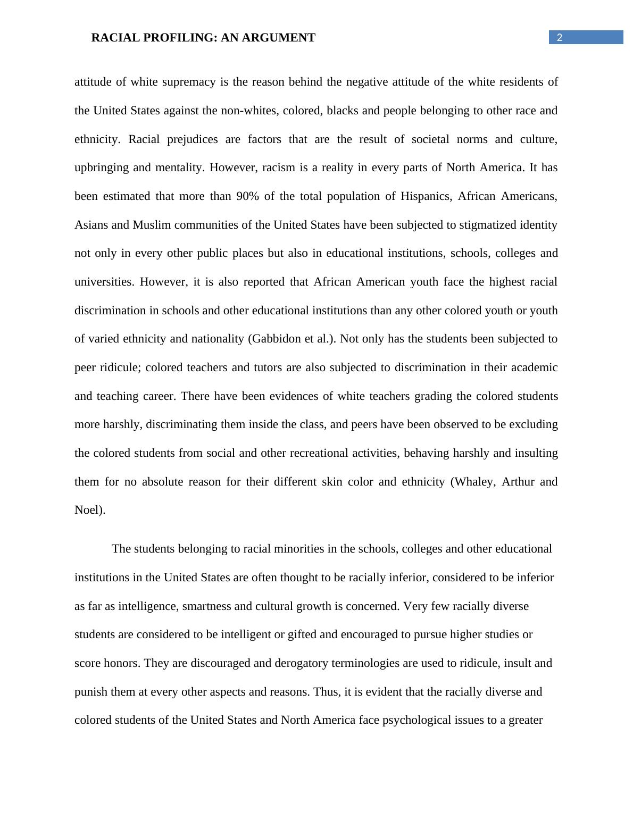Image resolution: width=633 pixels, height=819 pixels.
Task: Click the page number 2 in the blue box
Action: point(559,37)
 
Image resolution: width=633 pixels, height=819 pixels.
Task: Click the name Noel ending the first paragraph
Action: point(88,510)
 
